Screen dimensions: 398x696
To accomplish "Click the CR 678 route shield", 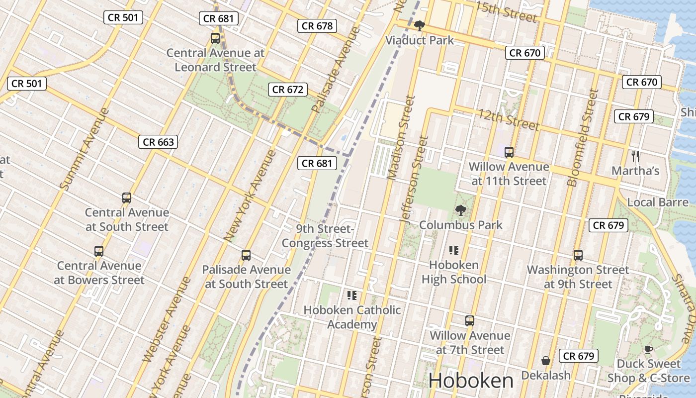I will (317, 26).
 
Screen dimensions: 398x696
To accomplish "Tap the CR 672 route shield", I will (288, 90).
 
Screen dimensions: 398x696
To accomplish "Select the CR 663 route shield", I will (158, 142).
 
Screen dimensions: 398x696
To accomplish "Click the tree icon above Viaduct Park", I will (420, 25).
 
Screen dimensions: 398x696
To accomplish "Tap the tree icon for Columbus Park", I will (461, 210).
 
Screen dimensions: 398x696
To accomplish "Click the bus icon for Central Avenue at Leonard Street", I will (215, 38).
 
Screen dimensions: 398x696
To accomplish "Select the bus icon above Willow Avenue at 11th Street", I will (509, 152).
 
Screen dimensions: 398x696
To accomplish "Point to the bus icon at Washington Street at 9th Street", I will (578, 255).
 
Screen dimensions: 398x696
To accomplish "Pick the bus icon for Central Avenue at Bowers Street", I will (99, 251).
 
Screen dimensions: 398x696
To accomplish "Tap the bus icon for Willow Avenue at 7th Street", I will (470, 321).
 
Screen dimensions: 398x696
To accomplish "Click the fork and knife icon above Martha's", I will (635, 156).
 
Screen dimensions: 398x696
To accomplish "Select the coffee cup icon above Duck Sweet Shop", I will (648, 349).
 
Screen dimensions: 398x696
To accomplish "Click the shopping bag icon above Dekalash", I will (545, 361).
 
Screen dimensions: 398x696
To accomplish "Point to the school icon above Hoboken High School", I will (453, 250).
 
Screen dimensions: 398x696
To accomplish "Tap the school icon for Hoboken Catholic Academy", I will (352, 296).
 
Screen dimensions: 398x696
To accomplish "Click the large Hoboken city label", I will (470, 381).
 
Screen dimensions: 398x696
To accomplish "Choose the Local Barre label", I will (657, 202).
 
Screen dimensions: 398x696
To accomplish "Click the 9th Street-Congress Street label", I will (325, 236).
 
